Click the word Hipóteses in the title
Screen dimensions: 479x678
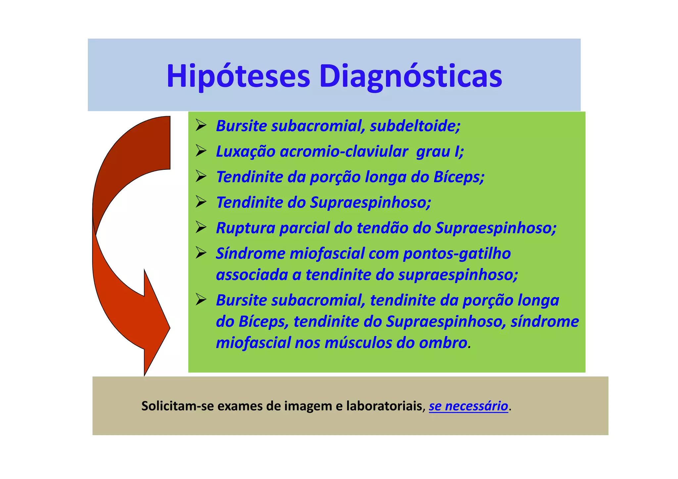click(238, 76)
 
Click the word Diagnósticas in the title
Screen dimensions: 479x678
click(410, 76)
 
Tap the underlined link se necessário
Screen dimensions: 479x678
click(468, 406)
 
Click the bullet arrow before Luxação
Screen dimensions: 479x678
click(201, 151)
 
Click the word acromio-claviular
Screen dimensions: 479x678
click(343, 151)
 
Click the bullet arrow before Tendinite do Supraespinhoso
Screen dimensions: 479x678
click(201, 202)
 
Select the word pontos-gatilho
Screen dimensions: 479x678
click(457, 254)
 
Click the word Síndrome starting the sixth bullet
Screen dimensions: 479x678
click(250, 254)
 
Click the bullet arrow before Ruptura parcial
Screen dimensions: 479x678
click(201, 227)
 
